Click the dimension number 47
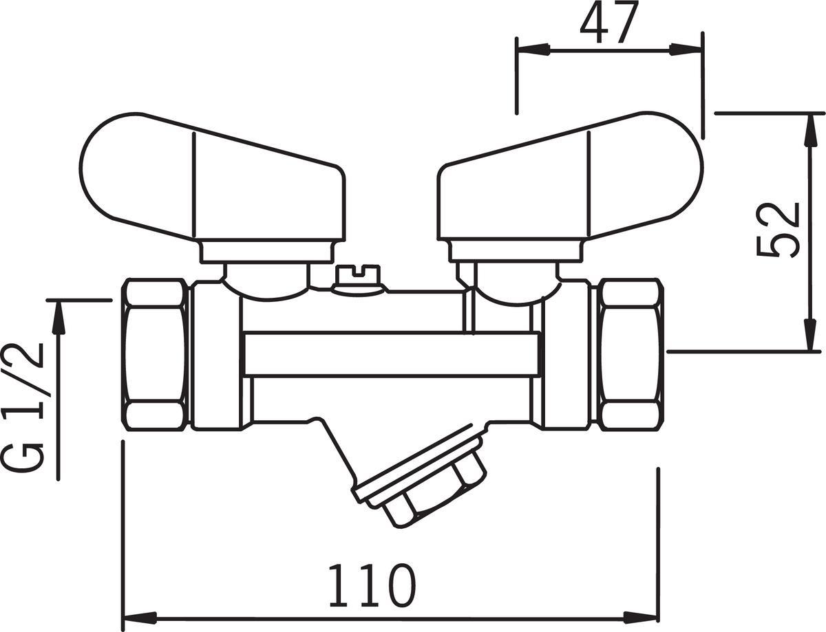point(609,23)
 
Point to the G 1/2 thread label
point(24,408)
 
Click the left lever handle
point(213,177)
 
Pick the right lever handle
point(570,177)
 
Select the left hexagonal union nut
point(155,353)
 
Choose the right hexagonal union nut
point(631,353)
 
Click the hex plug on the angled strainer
point(435,494)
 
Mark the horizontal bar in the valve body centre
point(392,353)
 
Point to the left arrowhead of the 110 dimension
point(140,617)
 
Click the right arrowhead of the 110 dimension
point(642,617)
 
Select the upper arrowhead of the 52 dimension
point(811,129)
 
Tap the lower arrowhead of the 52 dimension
point(811,334)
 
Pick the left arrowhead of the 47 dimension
point(533,50)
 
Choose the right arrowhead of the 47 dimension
point(686,50)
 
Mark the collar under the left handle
point(266,251)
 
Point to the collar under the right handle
point(516,251)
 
